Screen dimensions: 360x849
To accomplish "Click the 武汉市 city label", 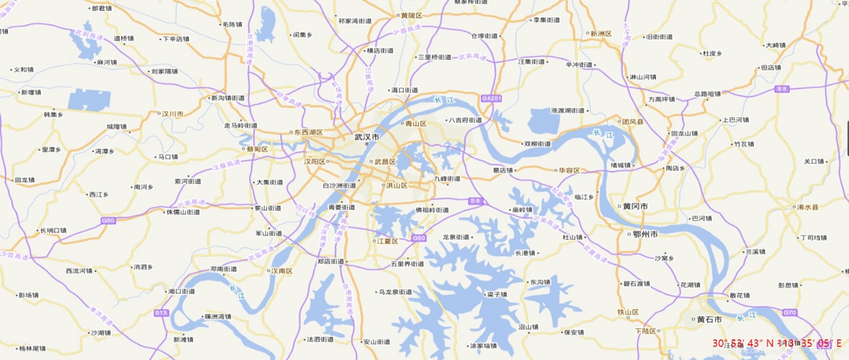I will pos(367,136).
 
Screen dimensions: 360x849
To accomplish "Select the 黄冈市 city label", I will pos(634,207).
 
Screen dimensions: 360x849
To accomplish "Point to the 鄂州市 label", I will pos(645,235).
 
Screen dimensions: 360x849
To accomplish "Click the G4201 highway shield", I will pos(491,96).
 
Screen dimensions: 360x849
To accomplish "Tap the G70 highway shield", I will pos(790,312).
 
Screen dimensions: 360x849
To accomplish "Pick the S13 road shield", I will pos(161,312).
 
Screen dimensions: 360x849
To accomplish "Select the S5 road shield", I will pos(782,89).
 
